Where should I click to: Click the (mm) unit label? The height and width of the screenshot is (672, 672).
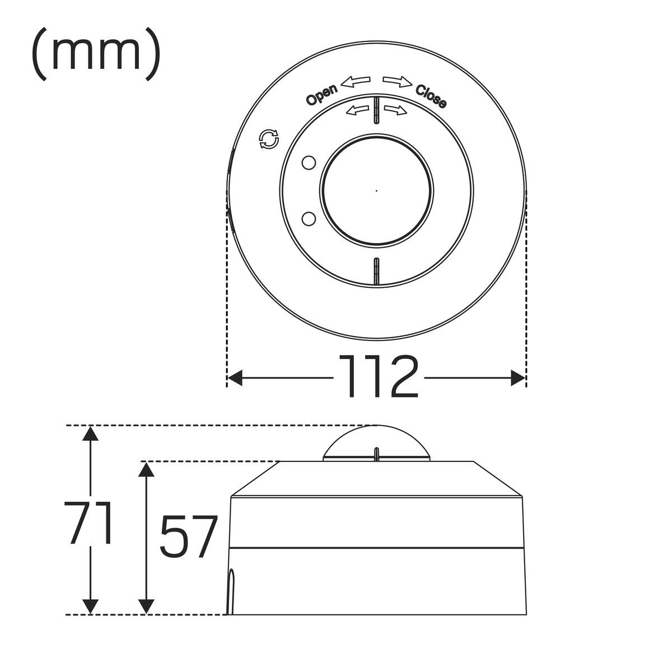(x=96, y=54)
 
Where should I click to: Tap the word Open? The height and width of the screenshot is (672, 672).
(x=321, y=94)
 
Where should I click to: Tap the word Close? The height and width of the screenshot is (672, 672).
(x=431, y=96)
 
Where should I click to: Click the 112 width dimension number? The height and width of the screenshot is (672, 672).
(x=378, y=377)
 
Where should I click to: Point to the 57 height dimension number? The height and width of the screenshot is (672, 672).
(x=188, y=536)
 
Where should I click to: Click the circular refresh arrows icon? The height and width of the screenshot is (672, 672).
(x=269, y=139)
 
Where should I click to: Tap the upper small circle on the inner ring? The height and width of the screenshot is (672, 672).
(x=309, y=163)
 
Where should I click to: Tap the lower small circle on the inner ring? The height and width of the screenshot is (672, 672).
(x=309, y=218)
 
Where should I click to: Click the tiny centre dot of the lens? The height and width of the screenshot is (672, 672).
(x=377, y=191)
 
